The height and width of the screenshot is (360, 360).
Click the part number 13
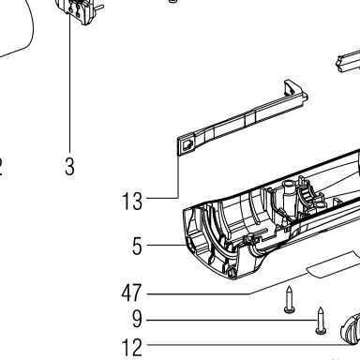coord(132,202)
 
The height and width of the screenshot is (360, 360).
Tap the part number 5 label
coord(137,247)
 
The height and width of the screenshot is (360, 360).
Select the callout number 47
coord(131,293)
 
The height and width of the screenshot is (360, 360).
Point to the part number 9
coord(137,320)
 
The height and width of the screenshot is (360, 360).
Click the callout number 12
coord(132,348)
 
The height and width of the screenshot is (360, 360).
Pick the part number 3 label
coord(69,167)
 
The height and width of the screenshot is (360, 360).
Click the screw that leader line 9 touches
coord(321,321)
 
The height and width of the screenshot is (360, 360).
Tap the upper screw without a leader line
coord(290,299)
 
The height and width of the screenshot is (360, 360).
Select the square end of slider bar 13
coord(187,146)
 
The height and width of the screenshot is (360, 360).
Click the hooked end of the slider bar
coord(294,91)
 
